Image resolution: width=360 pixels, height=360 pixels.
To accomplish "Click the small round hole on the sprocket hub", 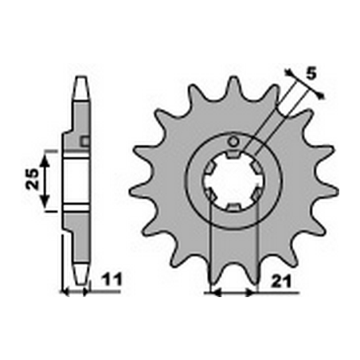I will (x=233, y=143).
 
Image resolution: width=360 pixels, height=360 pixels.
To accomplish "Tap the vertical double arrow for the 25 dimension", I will (x=46, y=180).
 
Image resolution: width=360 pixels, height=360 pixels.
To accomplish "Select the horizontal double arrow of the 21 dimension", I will (x=232, y=292).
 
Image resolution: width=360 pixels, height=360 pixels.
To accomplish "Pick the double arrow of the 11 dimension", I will (x=75, y=292).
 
